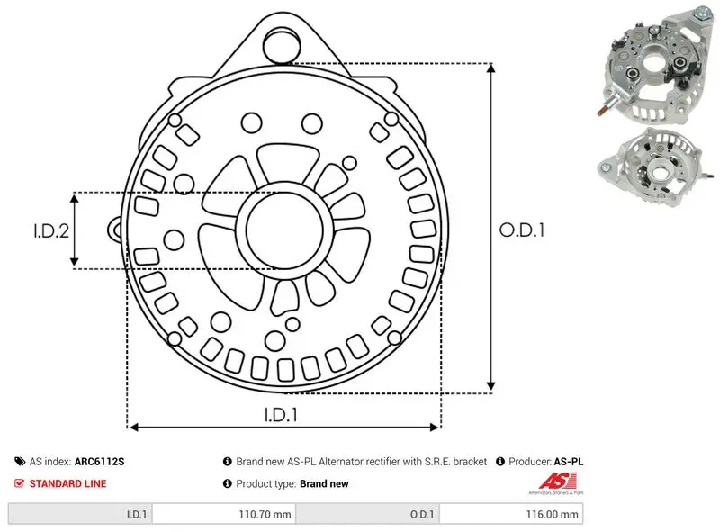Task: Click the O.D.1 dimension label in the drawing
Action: click(x=522, y=230)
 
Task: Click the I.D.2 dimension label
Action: click(x=51, y=230)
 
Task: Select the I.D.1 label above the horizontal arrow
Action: click(x=281, y=415)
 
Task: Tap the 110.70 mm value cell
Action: click(x=224, y=514)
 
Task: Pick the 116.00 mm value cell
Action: click(x=511, y=514)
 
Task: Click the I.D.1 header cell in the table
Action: click(x=80, y=514)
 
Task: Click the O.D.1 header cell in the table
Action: click(x=368, y=514)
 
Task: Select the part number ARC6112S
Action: click(x=99, y=462)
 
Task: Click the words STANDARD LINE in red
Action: click(x=67, y=483)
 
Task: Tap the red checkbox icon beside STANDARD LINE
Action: click(x=19, y=483)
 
